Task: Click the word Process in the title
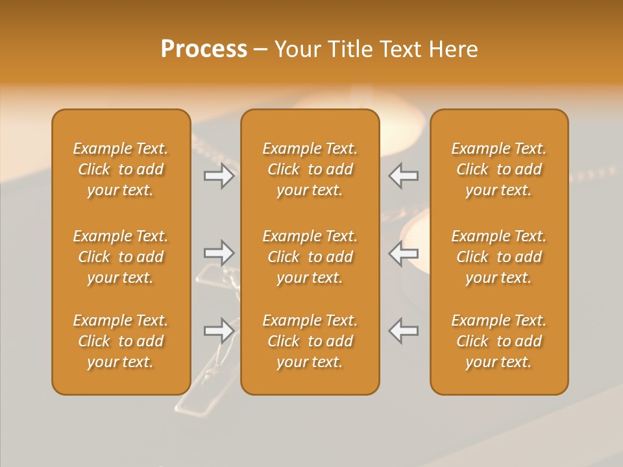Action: (204, 49)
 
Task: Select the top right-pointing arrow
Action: (219, 176)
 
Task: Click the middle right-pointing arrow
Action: (219, 253)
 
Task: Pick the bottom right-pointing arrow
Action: (219, 330)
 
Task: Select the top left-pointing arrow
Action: (404, 176)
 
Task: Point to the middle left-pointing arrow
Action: (404, 253)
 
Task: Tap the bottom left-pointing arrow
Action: (404, 330)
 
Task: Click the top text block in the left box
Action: (121, 169)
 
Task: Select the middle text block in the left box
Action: (121, 257)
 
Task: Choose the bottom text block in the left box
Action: (121, 341)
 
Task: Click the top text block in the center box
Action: (310, 169)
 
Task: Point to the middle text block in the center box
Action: (310, 257)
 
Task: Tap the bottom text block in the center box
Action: (310, 341)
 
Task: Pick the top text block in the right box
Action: (499, 169)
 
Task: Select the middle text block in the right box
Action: (499, 257)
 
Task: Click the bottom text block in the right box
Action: (499, 341)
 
